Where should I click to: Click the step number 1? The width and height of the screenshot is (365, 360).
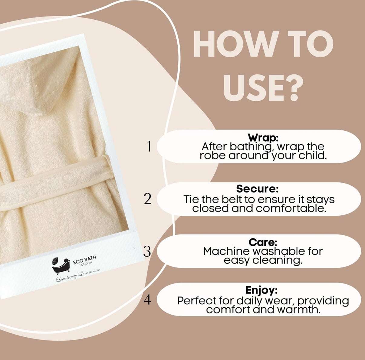pos(149,146)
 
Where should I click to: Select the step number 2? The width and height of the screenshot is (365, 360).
pos(148,199)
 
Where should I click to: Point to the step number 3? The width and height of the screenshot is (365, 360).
pos(147,251)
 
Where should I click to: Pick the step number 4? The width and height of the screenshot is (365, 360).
pos(147,300)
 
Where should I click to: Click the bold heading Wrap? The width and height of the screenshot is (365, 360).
pos(263,138)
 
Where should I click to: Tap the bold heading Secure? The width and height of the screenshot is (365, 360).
pos(258,188)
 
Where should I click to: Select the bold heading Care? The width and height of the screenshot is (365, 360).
pos(263,242)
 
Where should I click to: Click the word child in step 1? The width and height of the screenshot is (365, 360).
pos(312,156)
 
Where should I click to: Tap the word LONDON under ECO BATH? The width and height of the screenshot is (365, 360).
pos(86,264)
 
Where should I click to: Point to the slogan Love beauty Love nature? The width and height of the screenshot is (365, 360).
pos(78,276)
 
